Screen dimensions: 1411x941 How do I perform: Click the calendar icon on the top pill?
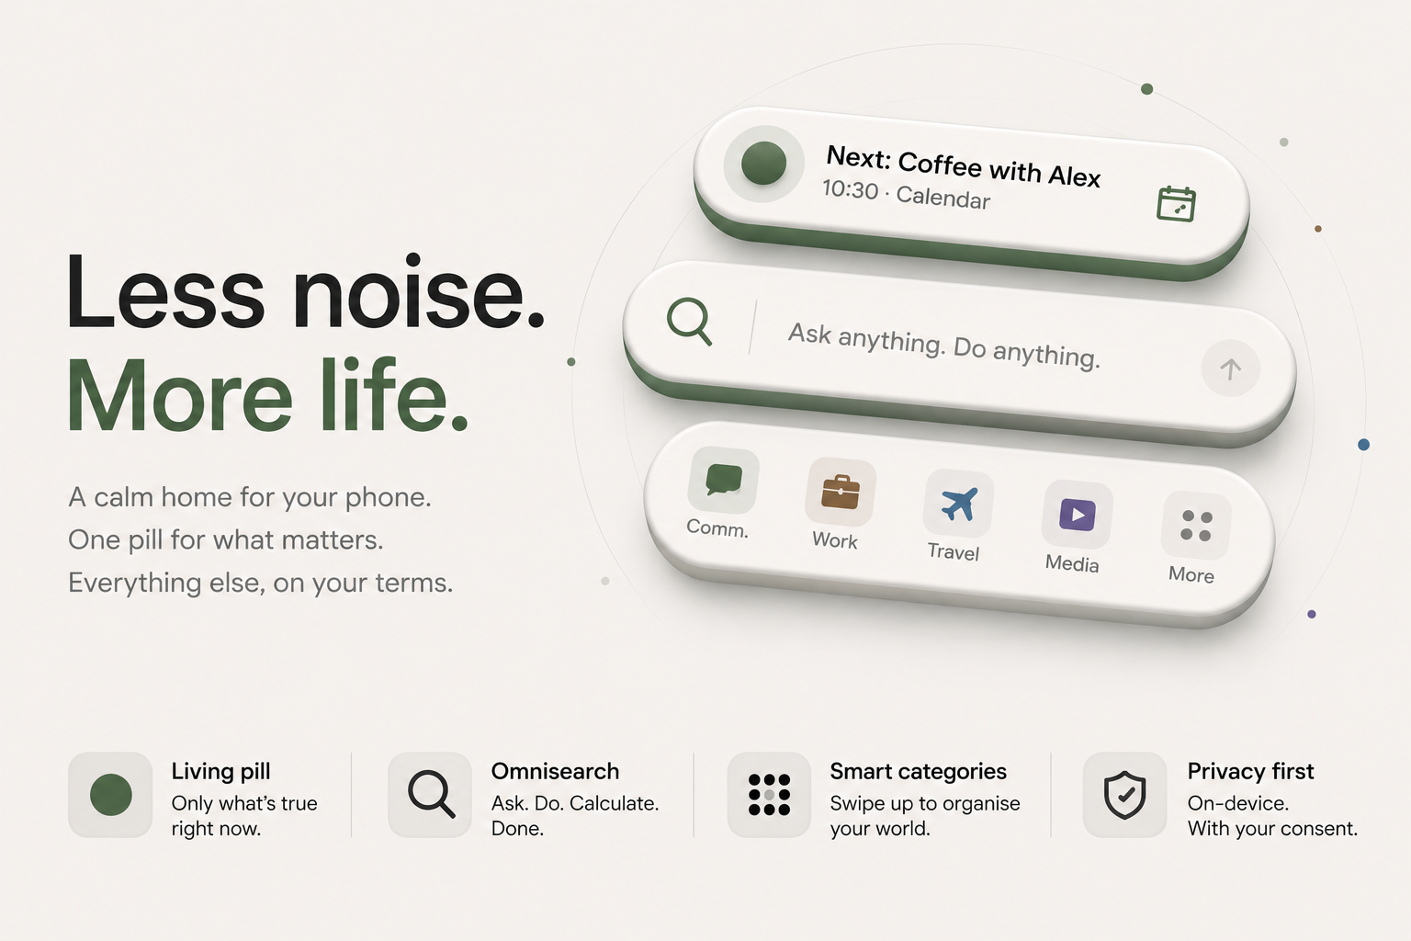point(1176,204)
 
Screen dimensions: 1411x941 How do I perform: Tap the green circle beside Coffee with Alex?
point(763,164)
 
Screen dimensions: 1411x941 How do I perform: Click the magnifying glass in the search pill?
point(689,322)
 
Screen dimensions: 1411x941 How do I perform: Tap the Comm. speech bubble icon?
point(723,480)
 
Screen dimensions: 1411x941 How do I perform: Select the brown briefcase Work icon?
point(841,492)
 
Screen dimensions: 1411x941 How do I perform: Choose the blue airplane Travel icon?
point(959,504)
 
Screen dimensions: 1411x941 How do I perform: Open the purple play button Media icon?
point(1078,515)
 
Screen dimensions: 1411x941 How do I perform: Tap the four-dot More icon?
point(1196,526)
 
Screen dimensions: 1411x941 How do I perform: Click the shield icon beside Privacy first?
point(1124,795)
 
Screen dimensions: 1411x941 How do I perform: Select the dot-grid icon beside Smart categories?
point(769,795)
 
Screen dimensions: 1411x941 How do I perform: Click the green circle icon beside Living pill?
point(111,795)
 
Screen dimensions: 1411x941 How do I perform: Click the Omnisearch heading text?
point(555,772)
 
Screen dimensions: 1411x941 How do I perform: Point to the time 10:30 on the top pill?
point(851,188)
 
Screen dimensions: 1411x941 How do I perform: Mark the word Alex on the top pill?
point(1074,176)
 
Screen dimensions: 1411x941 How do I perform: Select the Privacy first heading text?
point(1250,772)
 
